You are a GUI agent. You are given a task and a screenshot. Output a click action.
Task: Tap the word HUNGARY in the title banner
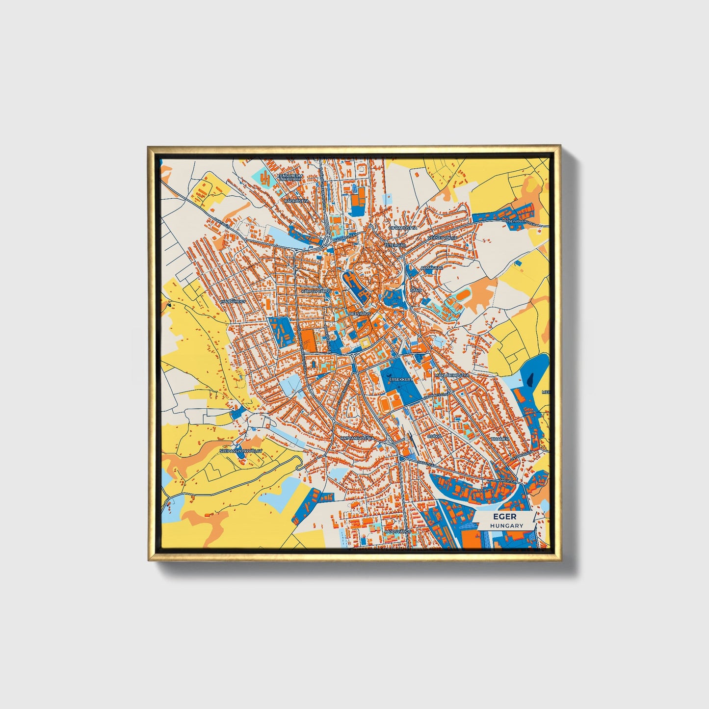(x=507, y=525)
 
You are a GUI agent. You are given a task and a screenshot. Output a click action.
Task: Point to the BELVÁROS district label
(x=359, y=313)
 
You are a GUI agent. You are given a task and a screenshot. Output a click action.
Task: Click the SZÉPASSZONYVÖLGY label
(x=241, y=450)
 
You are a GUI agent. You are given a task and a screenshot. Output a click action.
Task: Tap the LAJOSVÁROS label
(x=398, y=531)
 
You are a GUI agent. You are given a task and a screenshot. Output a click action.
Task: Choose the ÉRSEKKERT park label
(x=402, y=379)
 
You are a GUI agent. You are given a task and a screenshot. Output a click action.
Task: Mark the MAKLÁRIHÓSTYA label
(x=452, y=375)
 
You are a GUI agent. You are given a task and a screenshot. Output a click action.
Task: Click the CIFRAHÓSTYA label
(x=403, y=228)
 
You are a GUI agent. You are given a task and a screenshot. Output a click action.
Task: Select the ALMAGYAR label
(x=432, y=268)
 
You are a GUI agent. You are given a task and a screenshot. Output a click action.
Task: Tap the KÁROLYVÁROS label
(x=316, y=291)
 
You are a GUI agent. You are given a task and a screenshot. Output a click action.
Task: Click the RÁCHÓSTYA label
(x=296, y=201)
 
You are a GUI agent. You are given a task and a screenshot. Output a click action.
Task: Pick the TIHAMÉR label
(x=499, y=439)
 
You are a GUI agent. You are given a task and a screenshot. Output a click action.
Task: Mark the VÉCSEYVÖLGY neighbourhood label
(x=442, y=237)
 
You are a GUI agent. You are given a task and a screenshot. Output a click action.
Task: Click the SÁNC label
(x=416, y=290)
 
